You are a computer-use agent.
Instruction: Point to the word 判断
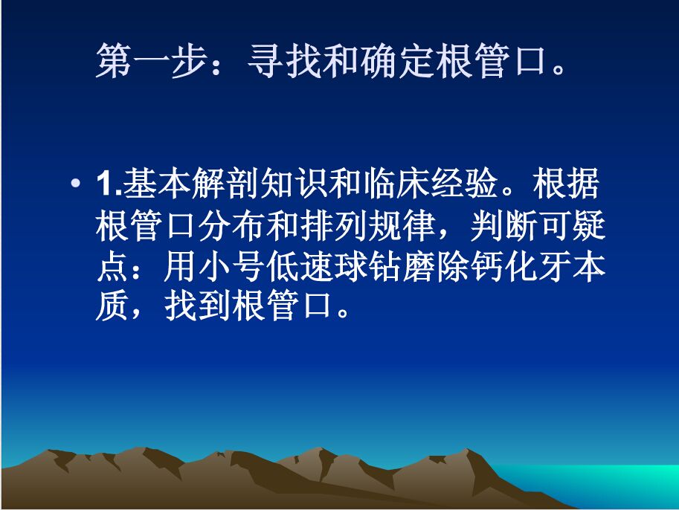[505, 226]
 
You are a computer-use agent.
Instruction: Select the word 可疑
[573, 226]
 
